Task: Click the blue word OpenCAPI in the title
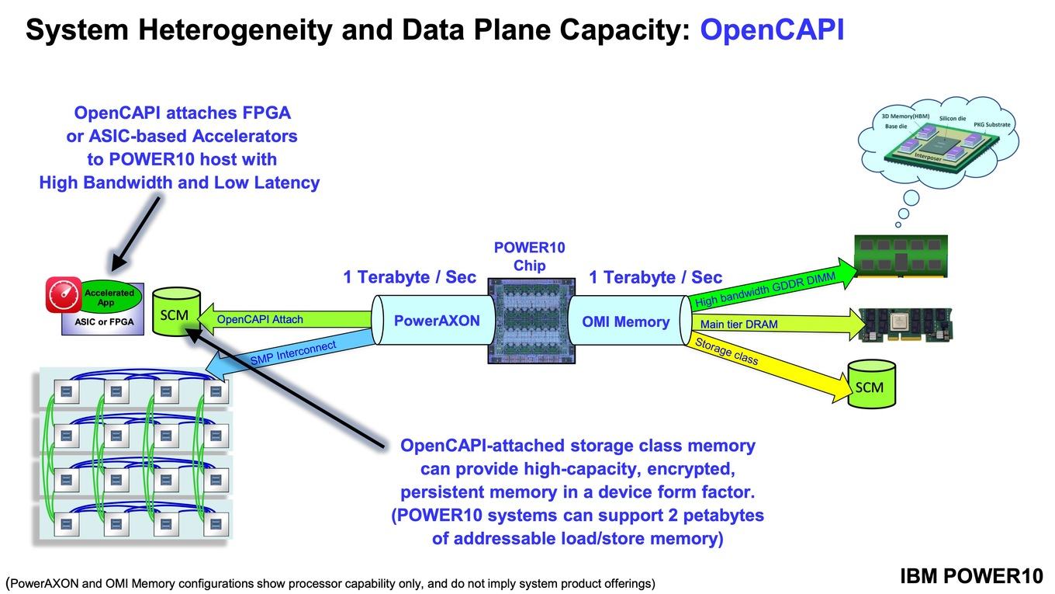point(772,30)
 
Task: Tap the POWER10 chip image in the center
point(531,321)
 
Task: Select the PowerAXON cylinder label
point(437,321)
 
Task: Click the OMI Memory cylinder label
point(625,322)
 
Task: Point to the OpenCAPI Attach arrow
point(285,319)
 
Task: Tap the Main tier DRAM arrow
point(777,324)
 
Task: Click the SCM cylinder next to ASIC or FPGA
point(176,312)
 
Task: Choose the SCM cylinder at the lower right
point(871,384)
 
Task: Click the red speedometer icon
point(64,295)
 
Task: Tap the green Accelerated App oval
point(109,297)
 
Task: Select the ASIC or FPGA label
point(104,322)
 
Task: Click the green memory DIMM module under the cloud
point(901,256)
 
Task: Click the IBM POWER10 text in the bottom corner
point(971,576)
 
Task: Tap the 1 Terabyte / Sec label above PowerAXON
point(410,277)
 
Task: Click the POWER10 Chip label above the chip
point(529,256)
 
